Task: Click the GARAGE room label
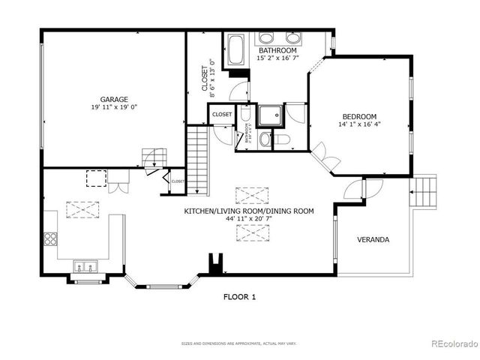pyautogui.click(x=115, y=99)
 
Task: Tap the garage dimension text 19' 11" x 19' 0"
pyautogui.click(x=115, y=107)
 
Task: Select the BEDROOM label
pyautogui.click(x=359, y=116)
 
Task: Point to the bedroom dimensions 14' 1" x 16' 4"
pyautogui.click(x=359, y=125)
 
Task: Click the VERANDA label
pyautogui.click(x=373, y=240)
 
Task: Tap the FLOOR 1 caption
pyautogui.click(x=239, y=297)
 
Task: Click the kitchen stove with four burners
pyautogui.click(x=51, y=239)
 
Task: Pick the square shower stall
pyautogui.click(x=269, y=115)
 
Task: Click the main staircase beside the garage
pyautogui.click(x=196, y=160)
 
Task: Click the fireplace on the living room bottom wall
pyautogui.click(x=216, y=264)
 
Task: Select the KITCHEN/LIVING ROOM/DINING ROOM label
pyautogui.click(x=249, y=211)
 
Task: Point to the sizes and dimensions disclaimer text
pyautogui.click(x=239, y=343)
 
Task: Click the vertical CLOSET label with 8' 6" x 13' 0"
pyautogui.click(x=208, y=79)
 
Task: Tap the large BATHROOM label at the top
pyautogui.click(x=277, y=49)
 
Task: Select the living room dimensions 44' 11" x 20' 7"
pyautogui.click(x=249, y=220)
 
